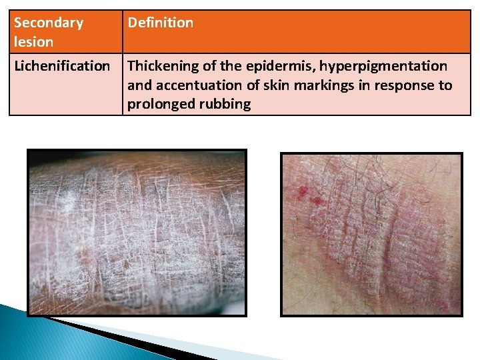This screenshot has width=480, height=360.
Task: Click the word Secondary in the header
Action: pyautogui.click(x=49, y=23)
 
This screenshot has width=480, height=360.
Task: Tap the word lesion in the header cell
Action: pyautogui.click(x=33, y=41)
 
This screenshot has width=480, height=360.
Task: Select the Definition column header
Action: pyautogui.click(x=160, y=23)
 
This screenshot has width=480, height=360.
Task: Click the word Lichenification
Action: pyautogui.click(x=62, y=66)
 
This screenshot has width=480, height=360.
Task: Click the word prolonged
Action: pyautogui.click(x=159, y=105)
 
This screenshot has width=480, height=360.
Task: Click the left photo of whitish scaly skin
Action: pyautogui.click(x=137, y=232)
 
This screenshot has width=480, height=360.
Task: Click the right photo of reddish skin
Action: pyautogui.click(x=371, y=234)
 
